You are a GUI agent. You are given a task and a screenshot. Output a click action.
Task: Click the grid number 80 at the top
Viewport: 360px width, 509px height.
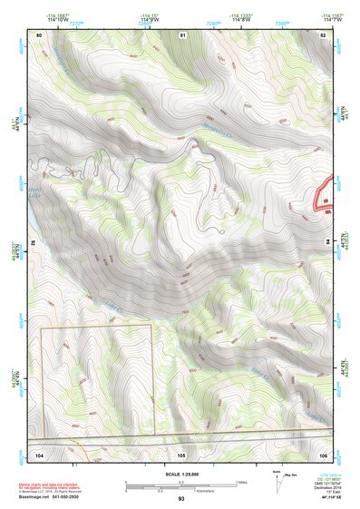pos(40,34)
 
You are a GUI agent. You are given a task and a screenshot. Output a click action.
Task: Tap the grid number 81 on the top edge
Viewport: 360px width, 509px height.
pos(182,34)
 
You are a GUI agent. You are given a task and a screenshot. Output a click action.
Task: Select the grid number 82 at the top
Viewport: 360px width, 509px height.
pos(325,34)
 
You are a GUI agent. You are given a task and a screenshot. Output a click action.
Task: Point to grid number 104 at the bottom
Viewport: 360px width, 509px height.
pos(40,452)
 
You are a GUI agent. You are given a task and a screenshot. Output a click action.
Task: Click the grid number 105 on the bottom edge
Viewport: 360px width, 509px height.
pos(181,452)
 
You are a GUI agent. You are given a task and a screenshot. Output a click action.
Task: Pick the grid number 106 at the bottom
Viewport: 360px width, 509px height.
pos(324,452)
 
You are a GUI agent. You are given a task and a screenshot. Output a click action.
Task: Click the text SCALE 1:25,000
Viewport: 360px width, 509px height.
pos(181,474)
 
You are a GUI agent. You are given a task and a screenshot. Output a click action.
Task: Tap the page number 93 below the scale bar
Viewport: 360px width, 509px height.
pos(181,498)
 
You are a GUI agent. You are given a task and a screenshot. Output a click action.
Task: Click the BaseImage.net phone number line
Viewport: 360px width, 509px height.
pos(50,497)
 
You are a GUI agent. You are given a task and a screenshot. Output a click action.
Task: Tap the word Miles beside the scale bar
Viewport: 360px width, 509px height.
pos(240,480)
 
